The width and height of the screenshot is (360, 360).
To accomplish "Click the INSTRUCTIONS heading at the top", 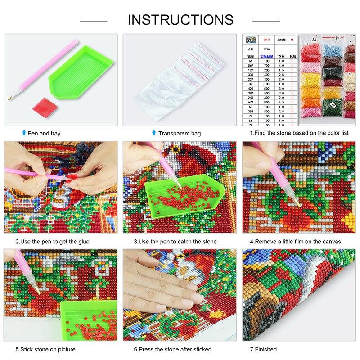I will [x=180, y=19].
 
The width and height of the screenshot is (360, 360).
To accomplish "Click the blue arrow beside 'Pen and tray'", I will [x=24, y=133].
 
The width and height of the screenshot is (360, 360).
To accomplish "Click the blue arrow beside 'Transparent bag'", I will [x=154, y=133].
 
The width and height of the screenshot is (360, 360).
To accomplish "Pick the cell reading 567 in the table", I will [x=250, y=66].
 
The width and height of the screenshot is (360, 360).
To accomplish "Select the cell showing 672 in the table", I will [x=250, y=102].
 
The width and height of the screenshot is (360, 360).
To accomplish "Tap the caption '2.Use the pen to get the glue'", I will [x=52, y=242].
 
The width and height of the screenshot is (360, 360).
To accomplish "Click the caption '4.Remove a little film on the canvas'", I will [x=295, y=242].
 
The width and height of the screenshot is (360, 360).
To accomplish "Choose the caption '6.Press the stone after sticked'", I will [x=172, y=349].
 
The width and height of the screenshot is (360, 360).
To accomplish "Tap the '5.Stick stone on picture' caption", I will [x=45, y=349].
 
